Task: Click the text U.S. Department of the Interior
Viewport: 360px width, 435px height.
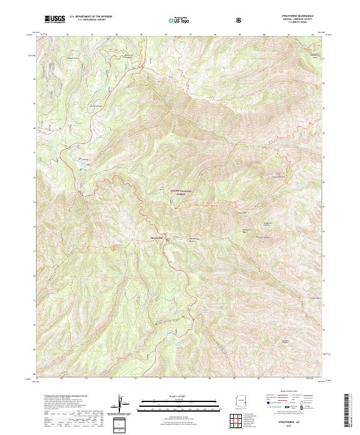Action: point(91,17)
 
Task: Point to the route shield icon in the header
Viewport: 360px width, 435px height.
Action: point(240,20)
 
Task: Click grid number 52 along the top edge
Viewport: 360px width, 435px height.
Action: point(67,35)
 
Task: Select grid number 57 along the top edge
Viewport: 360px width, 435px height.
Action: point(190,35)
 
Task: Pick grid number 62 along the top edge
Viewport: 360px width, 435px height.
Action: point(313,35)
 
